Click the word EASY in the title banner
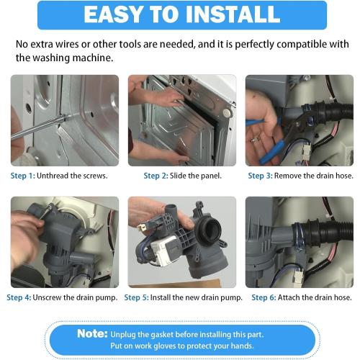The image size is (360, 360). pyautogui.click(x=117, y=14)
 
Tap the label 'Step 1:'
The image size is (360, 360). pyautogui.click(x=23, y=176)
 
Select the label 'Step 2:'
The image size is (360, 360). pyautogui.click(x=156, y=176)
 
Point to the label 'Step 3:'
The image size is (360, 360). pyautogui.click(x=261, y=176)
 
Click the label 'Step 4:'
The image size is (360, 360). pyautogui.click(x=19, y=297)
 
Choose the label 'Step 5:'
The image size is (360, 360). pyautogui.click(x=138, y=297)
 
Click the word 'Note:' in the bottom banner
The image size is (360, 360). pyautogui.click(x=92, y=333)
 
